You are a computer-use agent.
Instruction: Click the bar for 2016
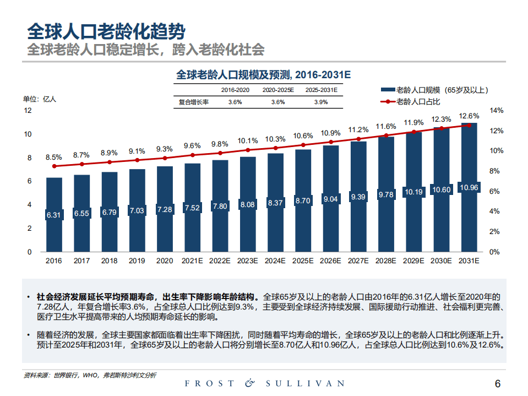pyautogui.click(x=54, y=215)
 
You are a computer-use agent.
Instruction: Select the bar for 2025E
pyautogui.click(x=303, y=200)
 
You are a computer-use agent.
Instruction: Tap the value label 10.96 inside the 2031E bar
pyautogui.click(x=469, y=188)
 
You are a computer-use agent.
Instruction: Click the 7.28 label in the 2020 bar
pyautogui.click(x=165, y=210)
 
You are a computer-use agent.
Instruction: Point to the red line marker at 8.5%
pyautogui.click(x=54, y=166)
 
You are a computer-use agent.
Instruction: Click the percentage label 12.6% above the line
pyautogui.click(x=469, y=116)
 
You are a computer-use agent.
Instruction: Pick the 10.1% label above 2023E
pyautogui.click(x=247, y=140)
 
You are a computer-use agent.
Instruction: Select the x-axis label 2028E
pyautogui.click(x=386, y=261)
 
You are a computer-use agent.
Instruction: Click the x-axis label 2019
pyautogui.click(x=137, y=261)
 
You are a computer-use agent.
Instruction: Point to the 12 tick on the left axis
pyautogui.click(x=28, y=111)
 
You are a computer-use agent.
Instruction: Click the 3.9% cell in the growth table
pyautogui.click(x=321, y=102)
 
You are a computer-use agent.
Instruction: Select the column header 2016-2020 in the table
pyautogui.click(x=235, y=90)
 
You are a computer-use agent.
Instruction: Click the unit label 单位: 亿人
pyautogui.click(x=39, y=99)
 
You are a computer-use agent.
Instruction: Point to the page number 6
pyautogui.click(x=498, y=384)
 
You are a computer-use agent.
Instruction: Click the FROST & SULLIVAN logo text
pyautogui.click(x=264, y=383)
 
